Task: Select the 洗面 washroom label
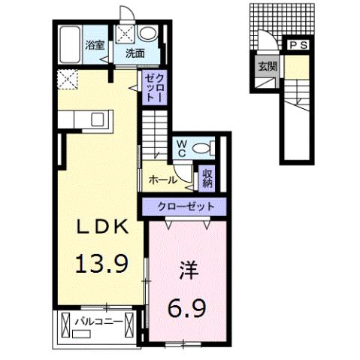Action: pyautogui.click(x=135, y=53)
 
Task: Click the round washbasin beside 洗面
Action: pyautogui.click(x=149, y=34)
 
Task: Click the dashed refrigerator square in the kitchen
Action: pyautogui.click(x=66, y=77)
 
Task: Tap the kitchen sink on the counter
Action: pyautogui.click(x=97, y=118)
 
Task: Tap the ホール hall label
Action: pyautogui.click(x=163, y=180)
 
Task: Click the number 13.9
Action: pyautogui.click(x=105, y=263)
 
